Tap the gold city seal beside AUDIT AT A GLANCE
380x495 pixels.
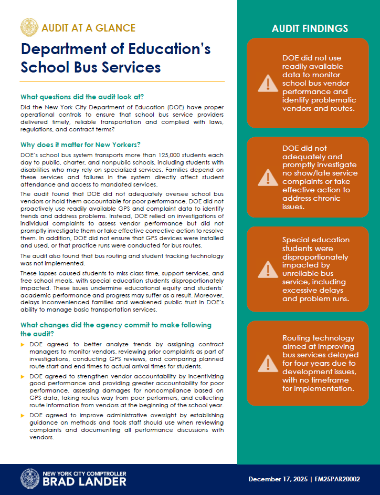click(29, 27)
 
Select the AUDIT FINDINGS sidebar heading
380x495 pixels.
click(310, 28)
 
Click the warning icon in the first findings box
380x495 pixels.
click(268, 83)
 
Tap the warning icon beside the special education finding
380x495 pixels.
click(268, 270)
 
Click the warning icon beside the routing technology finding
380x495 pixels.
click(268, 363)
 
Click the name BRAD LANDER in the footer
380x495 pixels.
click(85, 482)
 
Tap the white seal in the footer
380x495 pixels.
click(30, 479)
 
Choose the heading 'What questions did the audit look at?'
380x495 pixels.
click(82, 97)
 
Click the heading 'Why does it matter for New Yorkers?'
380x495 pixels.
click(80, 145)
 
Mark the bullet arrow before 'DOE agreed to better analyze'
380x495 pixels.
click(23, 345)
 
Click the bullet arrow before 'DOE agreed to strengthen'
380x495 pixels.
click(23, 377)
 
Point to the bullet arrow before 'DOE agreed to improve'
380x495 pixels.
click(23, 416)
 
